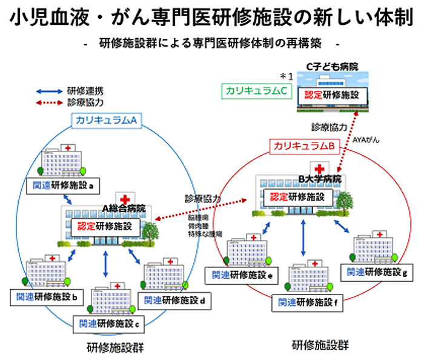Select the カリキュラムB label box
pyautogui.click(x=304, y=145)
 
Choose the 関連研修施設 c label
pyautogui.click(x=107, y=322)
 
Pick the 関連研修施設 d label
pyautogui.click(x=175, y=299)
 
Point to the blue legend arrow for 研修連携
pyautogui.click(x=51, y=92)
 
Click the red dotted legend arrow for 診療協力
pyautogui.click(x=51, y=103)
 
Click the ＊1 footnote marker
pyautogui.click(x=286, y=76)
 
